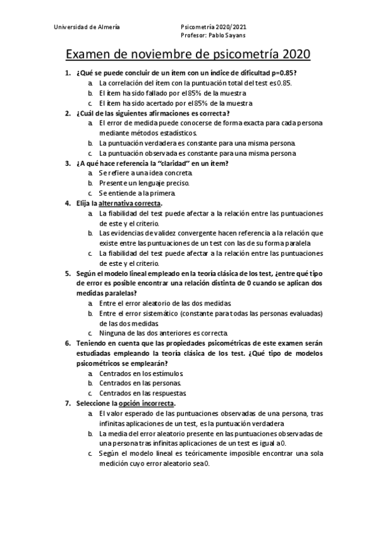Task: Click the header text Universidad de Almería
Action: [87, 28]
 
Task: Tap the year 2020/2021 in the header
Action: [230, 28]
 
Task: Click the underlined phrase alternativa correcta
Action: [130, 204]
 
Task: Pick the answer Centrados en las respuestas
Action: [139, 393]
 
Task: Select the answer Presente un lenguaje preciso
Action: [144, 184]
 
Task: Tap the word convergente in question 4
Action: [193, 234]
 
